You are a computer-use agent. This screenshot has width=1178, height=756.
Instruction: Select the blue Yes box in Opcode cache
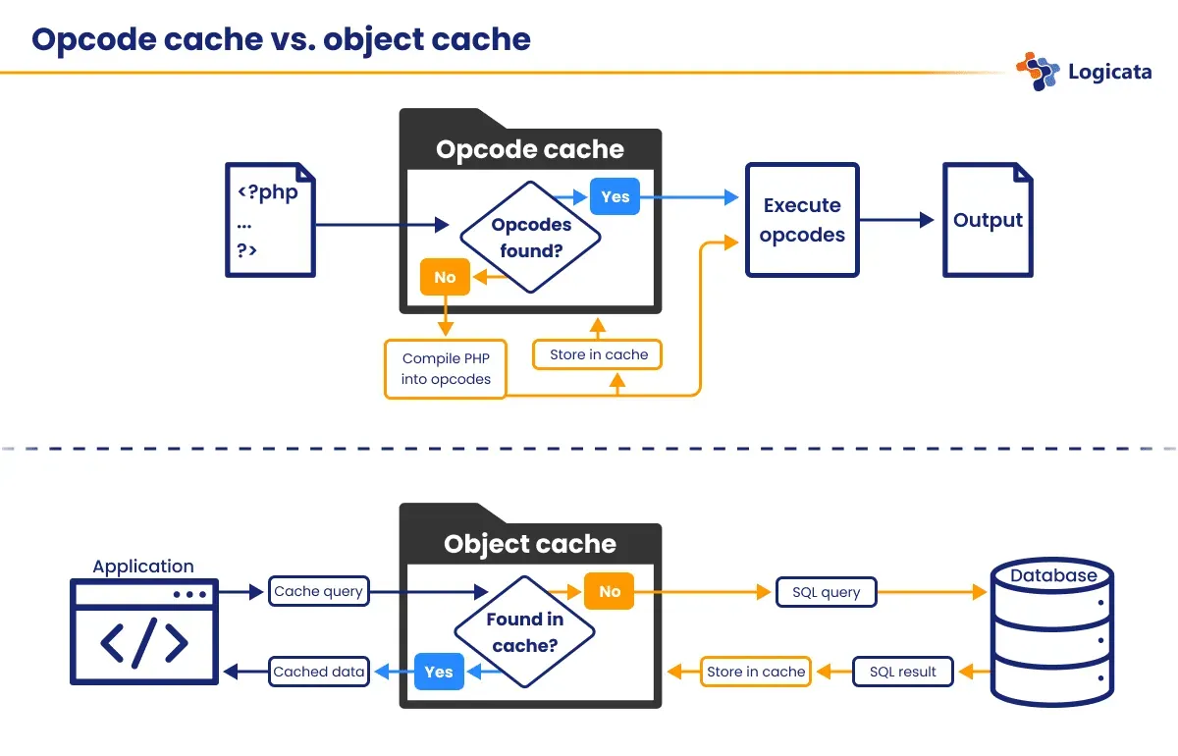tap(615, 196)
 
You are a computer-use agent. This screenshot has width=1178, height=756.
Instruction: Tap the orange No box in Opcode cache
tap(445, 277)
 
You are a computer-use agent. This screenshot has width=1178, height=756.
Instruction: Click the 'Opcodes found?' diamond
tap(530, 238)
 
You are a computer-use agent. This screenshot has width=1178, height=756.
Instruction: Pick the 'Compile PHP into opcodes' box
tap(445, 369)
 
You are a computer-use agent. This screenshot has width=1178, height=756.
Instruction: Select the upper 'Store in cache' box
tap(598, 354)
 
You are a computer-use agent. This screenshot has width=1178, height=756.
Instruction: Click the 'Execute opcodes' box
tap(802, 220)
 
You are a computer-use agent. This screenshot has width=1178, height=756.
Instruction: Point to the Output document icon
tap(988, 220)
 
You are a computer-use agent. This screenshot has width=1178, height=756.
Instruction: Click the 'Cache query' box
tap(318, 591)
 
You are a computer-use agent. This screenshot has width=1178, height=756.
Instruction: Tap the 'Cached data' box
tap(319, 672)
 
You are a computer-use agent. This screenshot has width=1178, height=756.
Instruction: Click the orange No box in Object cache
tap(609, 591)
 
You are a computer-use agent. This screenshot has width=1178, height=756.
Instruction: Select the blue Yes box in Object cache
tap(438, 672)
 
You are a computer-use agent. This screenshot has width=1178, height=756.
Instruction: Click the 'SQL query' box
tap(826, 592)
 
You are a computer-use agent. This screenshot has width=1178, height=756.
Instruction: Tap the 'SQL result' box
tap(902, 672)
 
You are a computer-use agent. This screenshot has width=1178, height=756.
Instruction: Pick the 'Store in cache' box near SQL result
tap(755, 672)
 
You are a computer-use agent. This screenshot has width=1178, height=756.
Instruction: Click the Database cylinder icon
tap(1052, 632)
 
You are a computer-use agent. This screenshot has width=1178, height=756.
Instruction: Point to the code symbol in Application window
tap(144, 643)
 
